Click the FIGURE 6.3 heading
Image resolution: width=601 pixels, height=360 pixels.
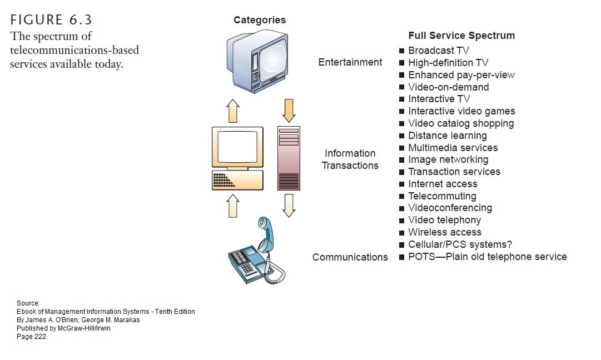pos(51,21)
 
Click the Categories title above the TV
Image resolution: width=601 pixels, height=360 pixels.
pos(260,20)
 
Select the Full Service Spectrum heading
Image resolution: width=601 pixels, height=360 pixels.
pos(461,36)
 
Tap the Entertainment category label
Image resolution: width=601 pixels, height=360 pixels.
pos(350,62)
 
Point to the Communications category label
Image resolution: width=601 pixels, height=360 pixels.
pos(350,257)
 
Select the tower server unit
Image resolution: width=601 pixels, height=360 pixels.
pos(288,158)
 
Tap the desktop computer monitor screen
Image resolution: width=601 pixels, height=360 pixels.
pos(237,147)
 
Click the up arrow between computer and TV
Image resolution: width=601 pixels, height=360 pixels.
pos(233,111)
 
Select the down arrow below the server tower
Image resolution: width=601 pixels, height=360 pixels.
pos(289,205)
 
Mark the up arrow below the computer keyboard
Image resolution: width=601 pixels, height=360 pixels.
pos(233,206)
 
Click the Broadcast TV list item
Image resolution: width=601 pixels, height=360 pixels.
pos(439,51)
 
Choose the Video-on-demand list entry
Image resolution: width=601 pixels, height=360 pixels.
pos(448,87)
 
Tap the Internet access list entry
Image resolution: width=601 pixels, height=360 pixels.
pos(443,184)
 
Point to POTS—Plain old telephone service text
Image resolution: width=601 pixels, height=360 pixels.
pos(487,257)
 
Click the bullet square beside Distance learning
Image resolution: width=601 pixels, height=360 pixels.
pos(401,136)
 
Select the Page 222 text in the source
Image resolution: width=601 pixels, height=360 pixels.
pos(31,337)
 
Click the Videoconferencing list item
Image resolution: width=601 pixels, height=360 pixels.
pos(450,208)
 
